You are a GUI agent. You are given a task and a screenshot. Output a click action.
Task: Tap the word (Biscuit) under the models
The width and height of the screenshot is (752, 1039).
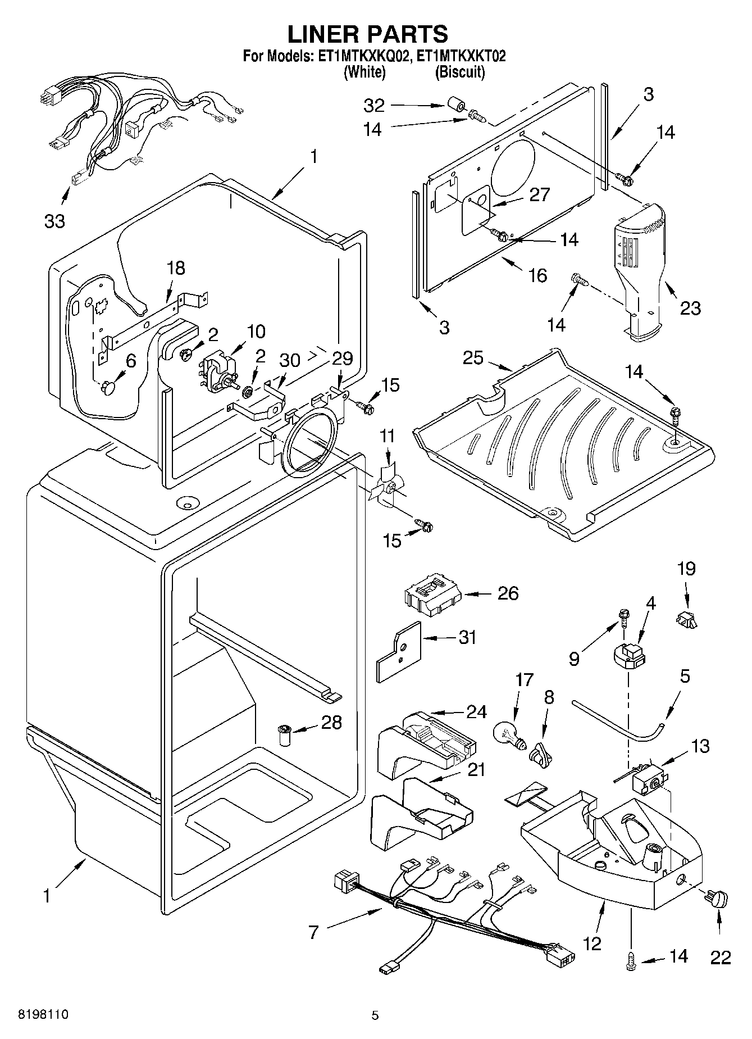pos(459,71)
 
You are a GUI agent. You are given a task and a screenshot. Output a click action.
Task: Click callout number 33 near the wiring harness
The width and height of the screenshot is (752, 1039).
pos(54,221)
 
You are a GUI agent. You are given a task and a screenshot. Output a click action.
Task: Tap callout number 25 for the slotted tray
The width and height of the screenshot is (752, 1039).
pos(473,358)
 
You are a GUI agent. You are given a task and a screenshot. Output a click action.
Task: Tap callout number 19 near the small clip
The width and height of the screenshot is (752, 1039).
pos(686,568)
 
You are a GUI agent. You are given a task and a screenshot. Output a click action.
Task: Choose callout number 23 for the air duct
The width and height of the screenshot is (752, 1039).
pos(690,308)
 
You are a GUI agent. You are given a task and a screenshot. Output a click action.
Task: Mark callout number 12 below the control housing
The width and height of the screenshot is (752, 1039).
pos(592,943)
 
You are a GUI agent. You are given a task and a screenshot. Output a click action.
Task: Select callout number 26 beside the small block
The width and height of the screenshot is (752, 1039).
pos(508,593)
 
